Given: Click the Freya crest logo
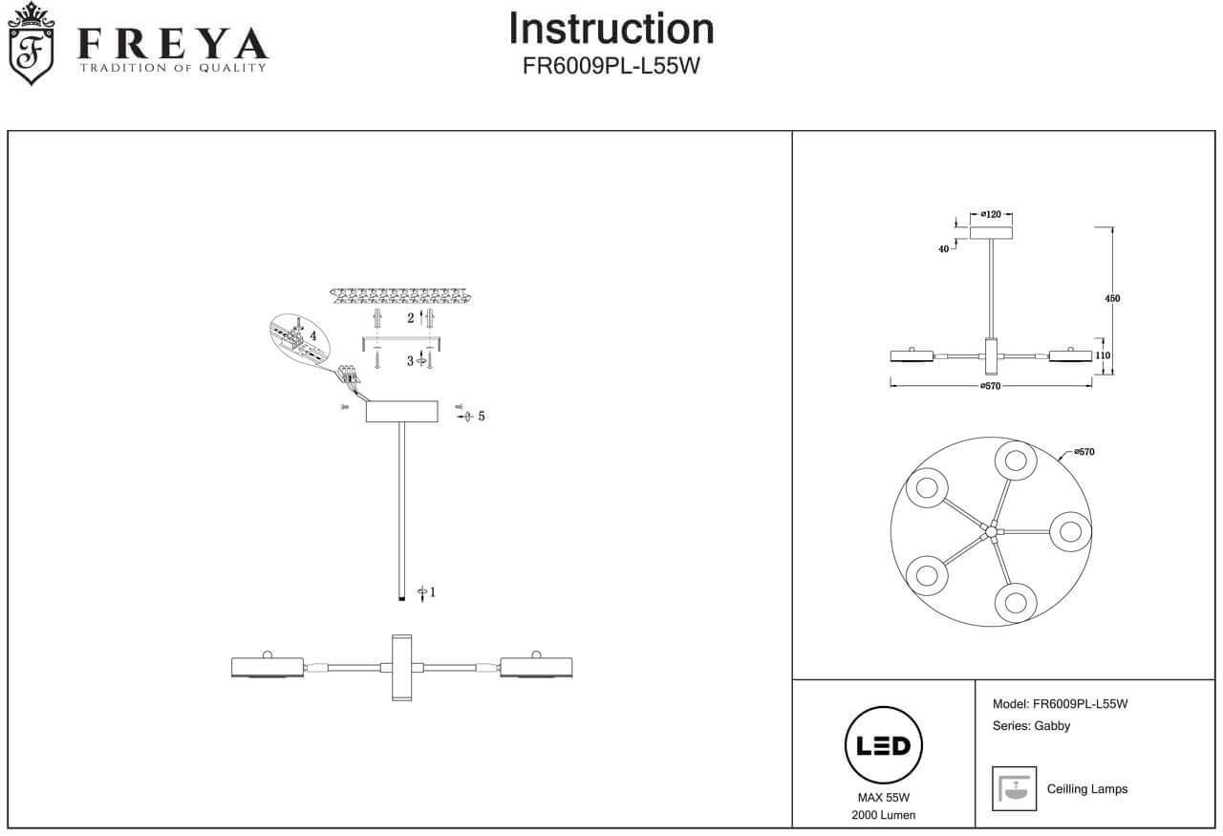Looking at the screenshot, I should pyautogui.click(x=31, y=44).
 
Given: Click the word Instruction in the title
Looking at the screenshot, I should pyautogui.click(x=611, y=29).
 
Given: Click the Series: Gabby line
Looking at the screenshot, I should pyautogui.click(x=1031, y=725).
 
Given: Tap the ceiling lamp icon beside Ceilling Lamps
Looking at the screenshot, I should pyautogui.click(x=1015, y=788).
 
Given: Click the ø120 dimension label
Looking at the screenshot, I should pyautogui.click(x=990, y=215).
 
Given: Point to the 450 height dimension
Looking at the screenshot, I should pyautogui.click(x=1112, y=299).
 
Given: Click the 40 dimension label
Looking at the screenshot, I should pyautogui.click(x=944, y=249).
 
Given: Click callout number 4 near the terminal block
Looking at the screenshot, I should pyautogui.click(x=312, y=335).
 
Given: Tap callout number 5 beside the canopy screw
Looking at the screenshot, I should pyautogui.click(x=481, y=417).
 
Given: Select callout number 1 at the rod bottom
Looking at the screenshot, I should pyautogui.click(x=432, y=592).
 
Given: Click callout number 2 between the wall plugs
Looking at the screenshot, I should pyautogui.click(x=411, y=317).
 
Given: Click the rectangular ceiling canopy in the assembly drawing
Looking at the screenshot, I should pyautogui.click(x=401, y=412).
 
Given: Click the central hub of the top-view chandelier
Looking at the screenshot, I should pyautogui.click(x=992, y=529).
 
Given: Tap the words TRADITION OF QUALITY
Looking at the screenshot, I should pyautogui.click(x=172, y=68).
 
